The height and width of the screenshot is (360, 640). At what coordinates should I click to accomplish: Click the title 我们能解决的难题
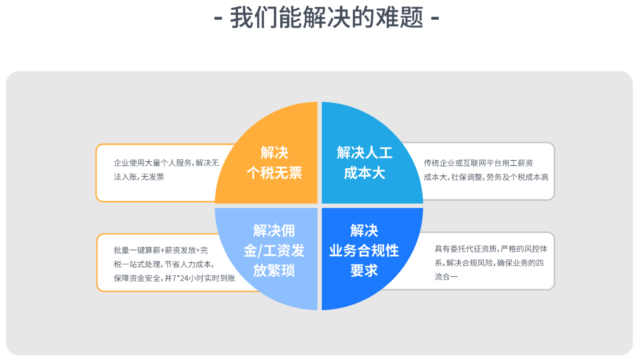click(326, 18)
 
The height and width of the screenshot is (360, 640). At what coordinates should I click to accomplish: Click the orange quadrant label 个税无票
click(274, 173)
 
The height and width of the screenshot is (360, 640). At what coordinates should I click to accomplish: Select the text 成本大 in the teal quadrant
click(365, 173)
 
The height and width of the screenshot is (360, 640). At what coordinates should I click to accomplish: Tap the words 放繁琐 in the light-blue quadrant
click(274, 270)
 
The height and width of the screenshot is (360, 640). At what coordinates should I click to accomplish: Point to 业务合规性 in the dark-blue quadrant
click(364, 251)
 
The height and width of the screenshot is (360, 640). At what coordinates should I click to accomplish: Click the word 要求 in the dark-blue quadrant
click(364, 270)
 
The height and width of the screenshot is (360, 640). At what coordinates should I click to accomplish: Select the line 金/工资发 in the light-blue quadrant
click(274, 251)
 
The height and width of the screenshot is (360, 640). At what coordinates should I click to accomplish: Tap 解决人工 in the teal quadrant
click(365, 152)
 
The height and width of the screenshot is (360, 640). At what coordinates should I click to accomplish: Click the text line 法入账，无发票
click(139, 177)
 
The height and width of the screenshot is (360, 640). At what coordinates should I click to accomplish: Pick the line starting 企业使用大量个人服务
click(166, 163)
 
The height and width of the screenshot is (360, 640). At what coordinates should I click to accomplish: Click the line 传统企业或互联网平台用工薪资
click(478, 163)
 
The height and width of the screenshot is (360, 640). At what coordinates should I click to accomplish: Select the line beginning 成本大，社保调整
click(486, 177)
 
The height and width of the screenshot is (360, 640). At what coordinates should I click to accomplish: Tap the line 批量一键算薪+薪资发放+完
click(161, 250)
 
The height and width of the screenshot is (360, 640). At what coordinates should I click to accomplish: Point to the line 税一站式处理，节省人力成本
click(164, 264)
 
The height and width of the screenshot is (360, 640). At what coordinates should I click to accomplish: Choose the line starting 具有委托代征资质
click(491, 249)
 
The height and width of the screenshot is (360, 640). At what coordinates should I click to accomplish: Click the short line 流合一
click(446, 277)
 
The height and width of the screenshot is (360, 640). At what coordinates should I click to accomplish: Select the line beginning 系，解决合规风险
click(489, 263)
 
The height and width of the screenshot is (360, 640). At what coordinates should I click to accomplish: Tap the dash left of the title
click(218, 18)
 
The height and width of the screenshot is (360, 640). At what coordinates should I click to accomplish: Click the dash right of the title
click(435, 18)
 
